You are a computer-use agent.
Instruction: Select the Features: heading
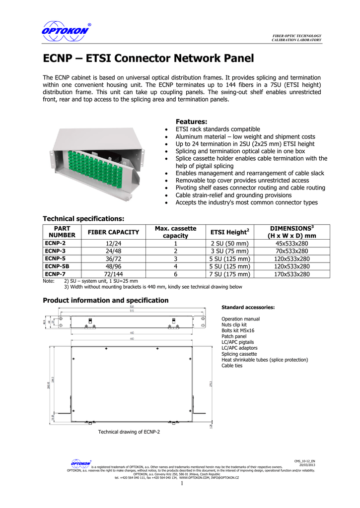click(x=192, y=122)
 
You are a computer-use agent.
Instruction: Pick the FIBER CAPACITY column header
click(x=114, y=232)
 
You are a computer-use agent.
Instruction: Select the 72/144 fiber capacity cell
click(x=114, y=274)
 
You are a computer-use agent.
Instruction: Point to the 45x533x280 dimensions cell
click(x=292, y=243)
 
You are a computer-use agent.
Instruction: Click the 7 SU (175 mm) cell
click(x=229, y=274)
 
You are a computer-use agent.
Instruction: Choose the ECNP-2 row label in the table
click(x=55, y=243)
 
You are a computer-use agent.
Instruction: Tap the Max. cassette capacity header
click(x=176, y=232)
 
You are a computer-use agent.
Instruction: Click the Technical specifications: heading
click(x=83, y=219)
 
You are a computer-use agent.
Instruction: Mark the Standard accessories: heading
click(x=248, y=308)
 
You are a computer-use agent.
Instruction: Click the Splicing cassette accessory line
click(x=239, y=354)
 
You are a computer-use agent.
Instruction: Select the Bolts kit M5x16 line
click(x=238, y=330)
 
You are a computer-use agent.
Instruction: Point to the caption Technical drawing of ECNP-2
click(x=129, y=432)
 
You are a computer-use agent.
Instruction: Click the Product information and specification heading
click(x=106, y=301)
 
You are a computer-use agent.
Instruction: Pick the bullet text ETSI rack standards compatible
click(x=218, y=129)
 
